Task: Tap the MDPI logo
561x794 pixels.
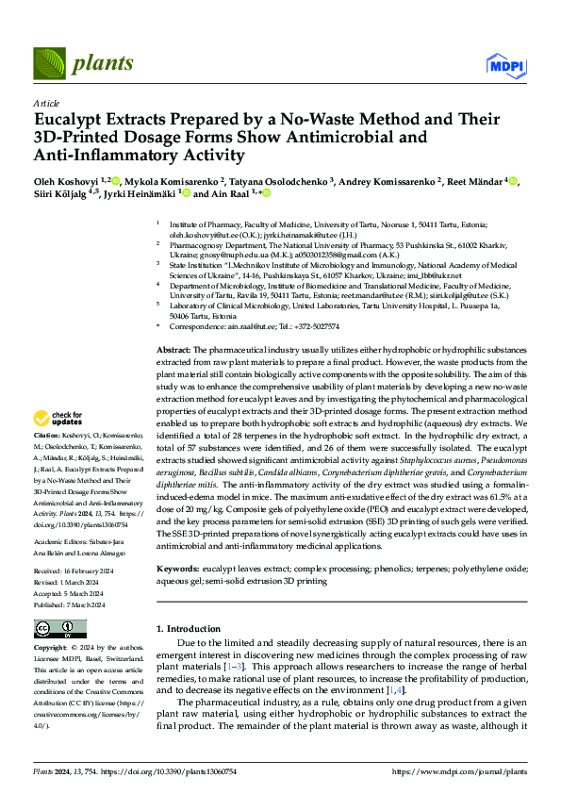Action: [x=504, y=64]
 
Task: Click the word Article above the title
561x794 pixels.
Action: [x=46, y=103]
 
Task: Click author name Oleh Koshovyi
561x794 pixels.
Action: [x=68, y=180]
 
